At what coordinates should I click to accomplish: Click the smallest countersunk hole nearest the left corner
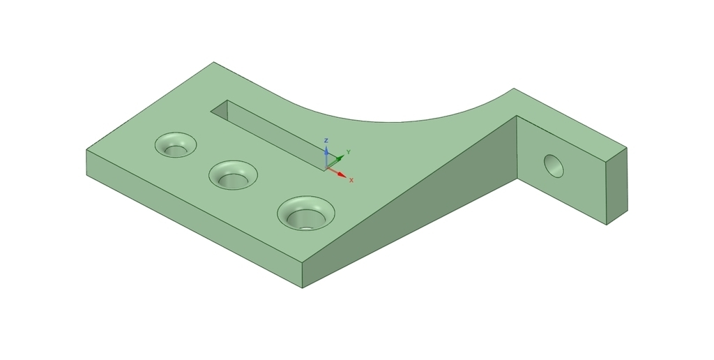[x=175, y=145]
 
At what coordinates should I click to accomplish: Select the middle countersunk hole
[x=233, y=174]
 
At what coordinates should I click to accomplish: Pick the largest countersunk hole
[x=305, y=213]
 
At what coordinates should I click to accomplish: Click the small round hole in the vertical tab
[x=554, y=165]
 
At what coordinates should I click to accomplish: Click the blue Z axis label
[x=326, y=141]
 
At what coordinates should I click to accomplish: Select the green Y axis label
[x=349, y=151]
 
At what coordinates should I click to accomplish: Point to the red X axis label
[x=351, y=180]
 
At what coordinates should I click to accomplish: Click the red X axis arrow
[x=340, y=174]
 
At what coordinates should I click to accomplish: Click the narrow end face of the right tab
[x=616, y=186]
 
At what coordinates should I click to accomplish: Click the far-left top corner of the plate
[x=86, y=149]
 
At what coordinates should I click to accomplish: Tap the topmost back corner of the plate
[x=213, y=62]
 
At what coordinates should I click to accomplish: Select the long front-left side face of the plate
[x=188, y=216]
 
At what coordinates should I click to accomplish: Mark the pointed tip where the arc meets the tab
[x=514, y=89]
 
